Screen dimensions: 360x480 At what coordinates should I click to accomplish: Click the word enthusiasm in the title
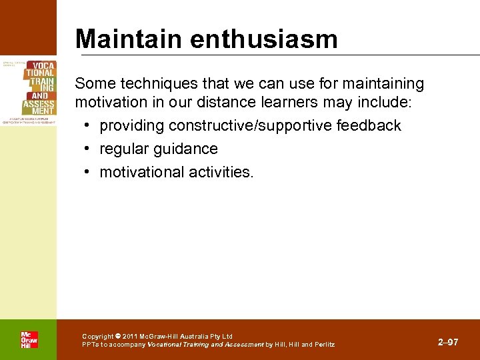264,39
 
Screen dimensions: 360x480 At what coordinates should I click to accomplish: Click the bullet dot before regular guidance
88,149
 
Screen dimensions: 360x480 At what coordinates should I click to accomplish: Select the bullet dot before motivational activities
88,172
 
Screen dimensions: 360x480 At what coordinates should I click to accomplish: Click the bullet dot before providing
88,125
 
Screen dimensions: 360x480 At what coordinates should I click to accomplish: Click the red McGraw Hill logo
29,340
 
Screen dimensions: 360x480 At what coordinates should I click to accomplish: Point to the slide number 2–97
448,342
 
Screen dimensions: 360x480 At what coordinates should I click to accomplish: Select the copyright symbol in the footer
118,337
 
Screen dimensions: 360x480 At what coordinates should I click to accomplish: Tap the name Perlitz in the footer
323,345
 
